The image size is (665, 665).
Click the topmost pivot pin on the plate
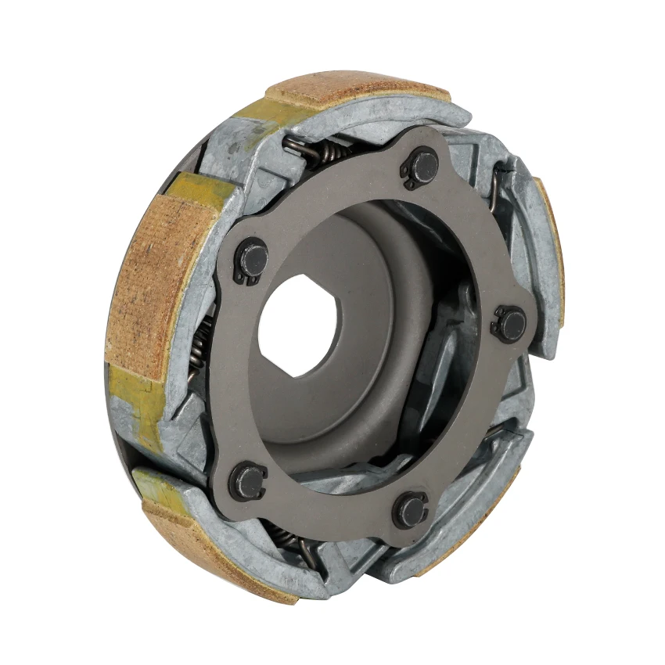(x=423, y=167)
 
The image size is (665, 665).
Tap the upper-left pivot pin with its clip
(x=253, y=257)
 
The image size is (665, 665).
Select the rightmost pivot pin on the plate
(x=511, y=323)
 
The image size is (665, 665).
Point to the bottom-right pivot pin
(x=411, y=509)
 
